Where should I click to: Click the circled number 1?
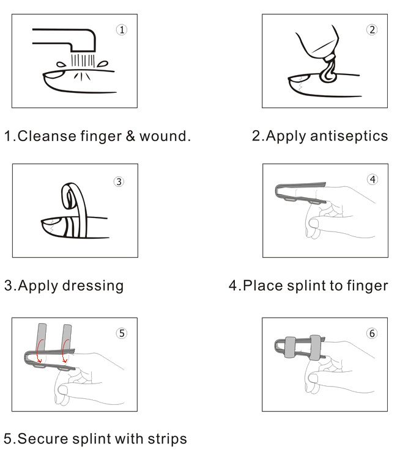click(122, 29)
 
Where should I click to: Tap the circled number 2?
click(372, 29)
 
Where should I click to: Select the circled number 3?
click(119, 181)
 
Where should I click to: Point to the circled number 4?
click(373, 180)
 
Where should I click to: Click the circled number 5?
click(122, 333)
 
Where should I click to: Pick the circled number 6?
click(372, 333)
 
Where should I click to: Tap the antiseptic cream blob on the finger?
click(328, 73)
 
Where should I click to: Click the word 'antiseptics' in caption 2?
click(349, 136)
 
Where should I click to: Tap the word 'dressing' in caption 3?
click(93, 286)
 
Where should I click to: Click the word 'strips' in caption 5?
click(167, 439)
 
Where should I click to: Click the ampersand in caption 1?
click(130, 136)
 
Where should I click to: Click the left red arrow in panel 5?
click(39, 351)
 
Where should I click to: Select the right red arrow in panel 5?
click(64, 351)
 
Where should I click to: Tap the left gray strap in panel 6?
click(290, 348)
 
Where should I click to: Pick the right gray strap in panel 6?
click(315, 348)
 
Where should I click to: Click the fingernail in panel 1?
click(54, 75)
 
